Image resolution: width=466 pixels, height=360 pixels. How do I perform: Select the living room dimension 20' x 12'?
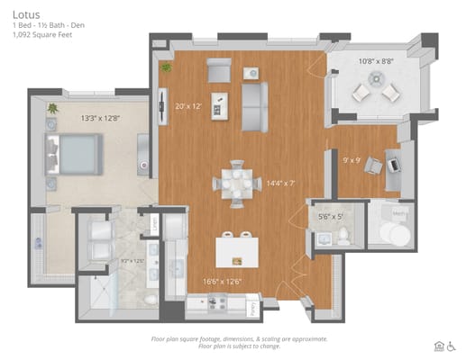[187, 105]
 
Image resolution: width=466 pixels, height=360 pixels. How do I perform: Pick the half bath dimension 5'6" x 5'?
[331, 216]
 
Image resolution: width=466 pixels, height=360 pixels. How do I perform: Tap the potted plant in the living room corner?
[166, 67]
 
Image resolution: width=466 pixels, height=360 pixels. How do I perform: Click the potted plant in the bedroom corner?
[52, 109]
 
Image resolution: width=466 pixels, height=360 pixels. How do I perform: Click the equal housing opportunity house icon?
[438, 345]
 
